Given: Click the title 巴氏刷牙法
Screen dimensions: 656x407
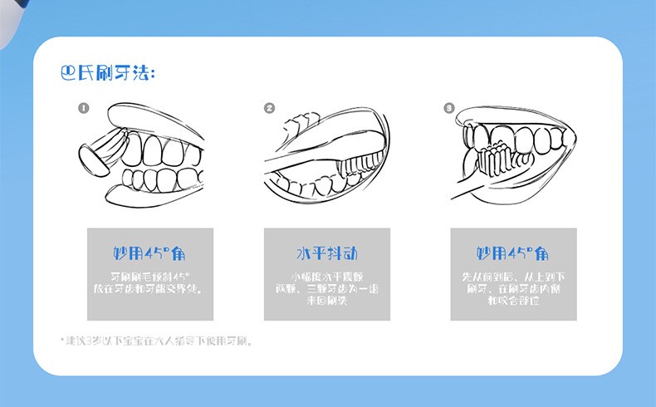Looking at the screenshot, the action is (108, 74).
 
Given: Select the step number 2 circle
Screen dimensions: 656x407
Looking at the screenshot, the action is (269, 108).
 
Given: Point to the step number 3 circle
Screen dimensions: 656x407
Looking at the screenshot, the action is (449, 108).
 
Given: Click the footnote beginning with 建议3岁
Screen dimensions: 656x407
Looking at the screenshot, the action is (159, 341).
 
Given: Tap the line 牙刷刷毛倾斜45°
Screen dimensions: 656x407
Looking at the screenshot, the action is (150, 276).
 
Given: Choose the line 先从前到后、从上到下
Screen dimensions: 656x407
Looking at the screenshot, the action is (512, 276).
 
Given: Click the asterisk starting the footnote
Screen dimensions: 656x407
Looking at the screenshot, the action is (61, 341).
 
